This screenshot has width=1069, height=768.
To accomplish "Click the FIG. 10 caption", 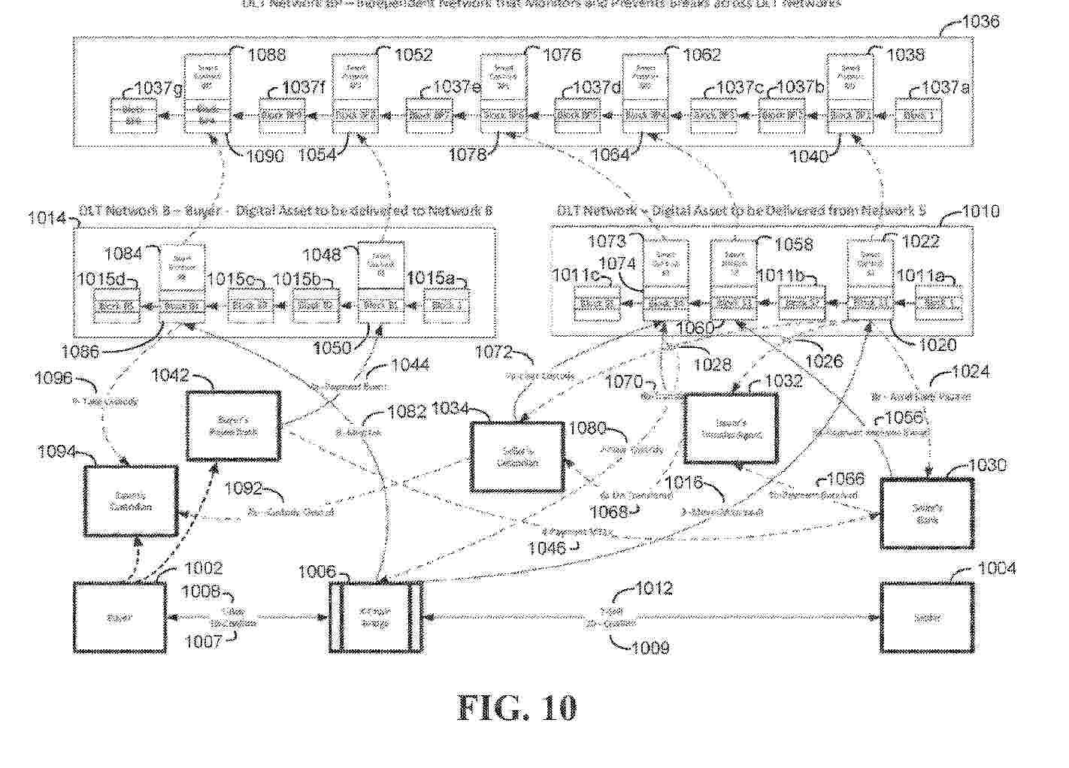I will coord(517,708).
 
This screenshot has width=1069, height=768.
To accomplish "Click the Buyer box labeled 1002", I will coord(120,618).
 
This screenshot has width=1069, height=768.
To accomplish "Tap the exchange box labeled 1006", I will coord(374,618).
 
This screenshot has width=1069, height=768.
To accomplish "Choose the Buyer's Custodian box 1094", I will coord(132,500).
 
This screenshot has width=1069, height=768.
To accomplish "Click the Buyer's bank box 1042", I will coord(234,425).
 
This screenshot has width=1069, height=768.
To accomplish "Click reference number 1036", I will coord(980,21).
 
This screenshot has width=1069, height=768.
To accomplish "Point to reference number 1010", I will coord(980,212).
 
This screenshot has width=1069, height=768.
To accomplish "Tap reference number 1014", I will coord(47,218).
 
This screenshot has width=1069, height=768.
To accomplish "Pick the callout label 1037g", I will coord(158,89).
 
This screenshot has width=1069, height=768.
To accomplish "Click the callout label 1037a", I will coord(945,88).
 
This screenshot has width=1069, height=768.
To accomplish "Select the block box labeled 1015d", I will coord(116,306).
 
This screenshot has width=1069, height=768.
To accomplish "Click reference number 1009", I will coord(650,647).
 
